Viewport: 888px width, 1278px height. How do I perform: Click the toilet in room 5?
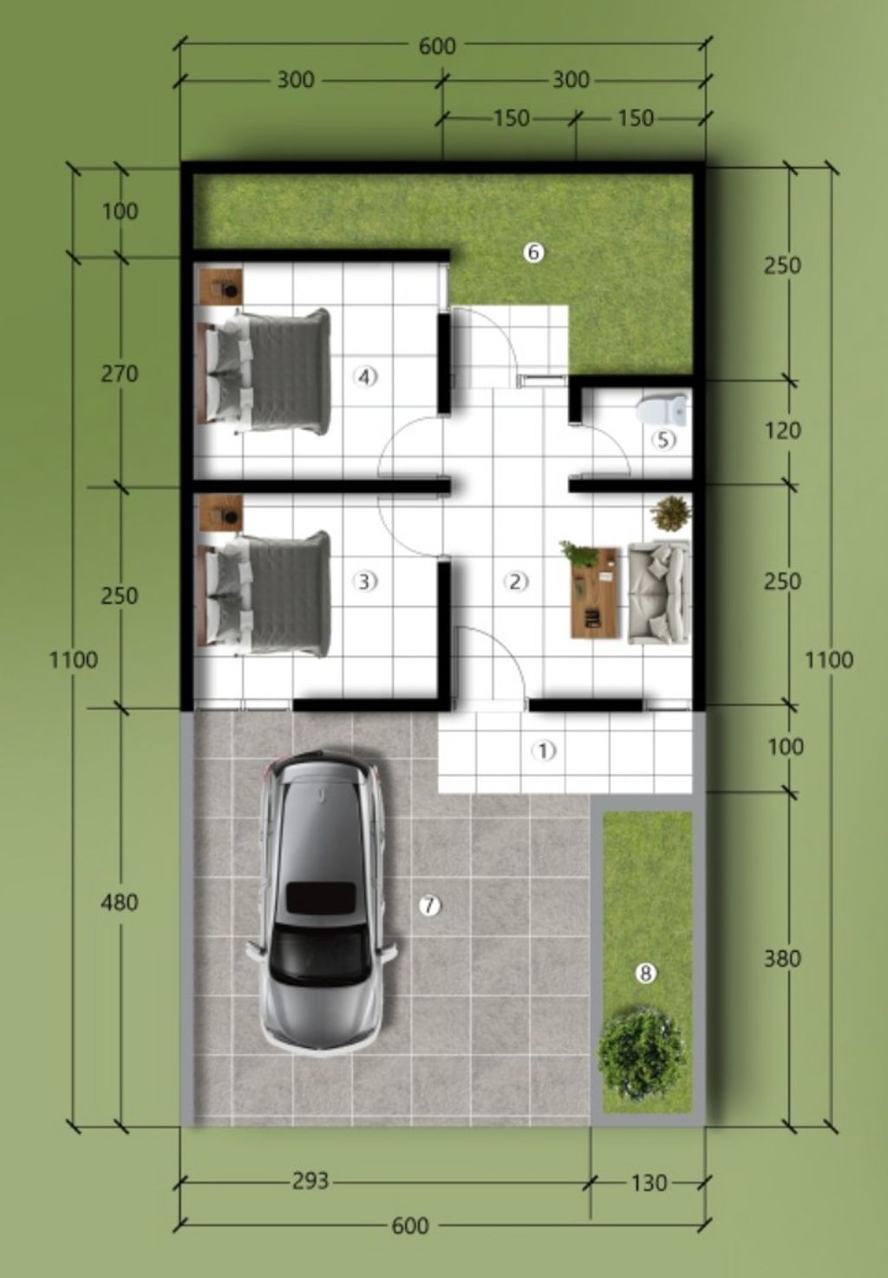coord(663,410)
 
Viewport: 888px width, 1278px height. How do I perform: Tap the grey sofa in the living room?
coord(659,593)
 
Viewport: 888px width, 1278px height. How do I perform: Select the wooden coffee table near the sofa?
coord(595,593)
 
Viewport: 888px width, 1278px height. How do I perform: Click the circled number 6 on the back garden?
coord(534,252)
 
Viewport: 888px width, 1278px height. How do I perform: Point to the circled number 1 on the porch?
coord(543,750)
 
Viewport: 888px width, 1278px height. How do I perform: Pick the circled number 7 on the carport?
coord(429,906)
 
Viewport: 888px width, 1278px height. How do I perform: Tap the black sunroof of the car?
coord(321,897)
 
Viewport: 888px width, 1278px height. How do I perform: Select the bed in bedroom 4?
coord(264,370)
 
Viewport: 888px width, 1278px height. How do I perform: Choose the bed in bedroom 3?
coord(264,593)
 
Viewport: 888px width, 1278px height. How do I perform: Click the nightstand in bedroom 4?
coord(221,285)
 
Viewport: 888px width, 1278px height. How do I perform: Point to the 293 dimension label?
coord(310,1181)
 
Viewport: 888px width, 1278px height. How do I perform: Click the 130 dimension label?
coord(649,1183)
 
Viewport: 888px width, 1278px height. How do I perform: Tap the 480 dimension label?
coord(120,902)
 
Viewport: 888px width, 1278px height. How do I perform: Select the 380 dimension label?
coord(782,959)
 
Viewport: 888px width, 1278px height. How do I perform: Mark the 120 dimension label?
coord(782,430)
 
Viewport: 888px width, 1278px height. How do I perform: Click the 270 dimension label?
coord(120,374)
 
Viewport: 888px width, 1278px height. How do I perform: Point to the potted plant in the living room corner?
coord(671,514)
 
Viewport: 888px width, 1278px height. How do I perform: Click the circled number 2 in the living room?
coord(516,581)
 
